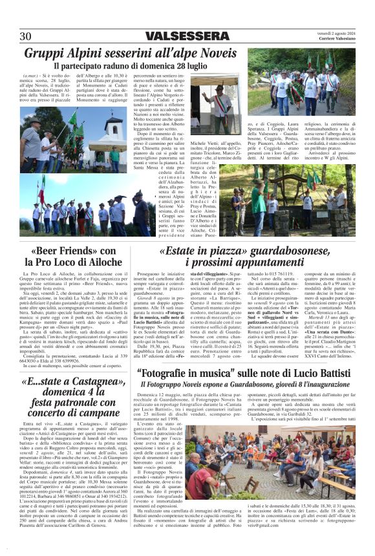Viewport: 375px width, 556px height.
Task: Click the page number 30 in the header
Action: (27, 36)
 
